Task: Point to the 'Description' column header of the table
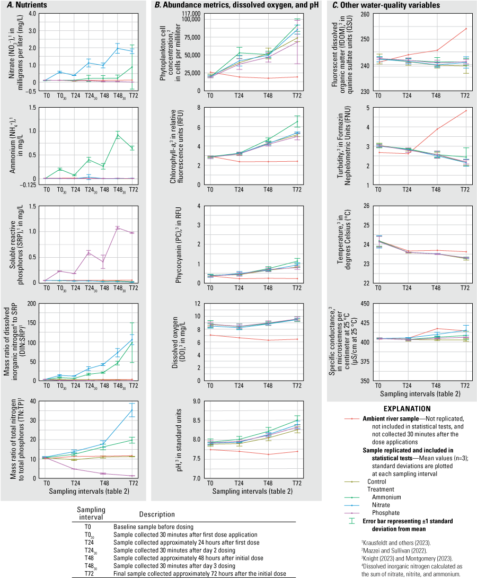157,515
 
